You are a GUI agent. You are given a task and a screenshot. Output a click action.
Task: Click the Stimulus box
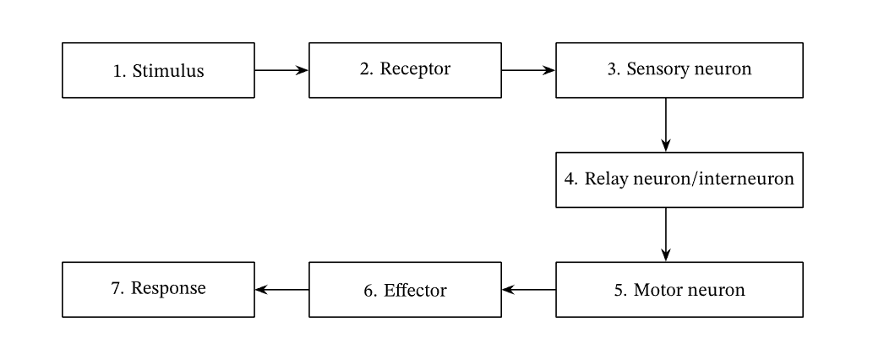point(158,71)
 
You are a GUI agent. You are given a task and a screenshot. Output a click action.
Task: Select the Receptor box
point(405,71)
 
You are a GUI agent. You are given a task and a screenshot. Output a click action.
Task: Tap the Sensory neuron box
point(679,71)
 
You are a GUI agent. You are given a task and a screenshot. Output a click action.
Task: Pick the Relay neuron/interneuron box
point(679,180)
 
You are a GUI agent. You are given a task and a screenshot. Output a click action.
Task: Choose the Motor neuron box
point(679,290)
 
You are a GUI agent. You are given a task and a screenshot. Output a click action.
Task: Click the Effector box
point(405,290)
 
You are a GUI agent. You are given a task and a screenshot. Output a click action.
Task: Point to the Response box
point(158,290)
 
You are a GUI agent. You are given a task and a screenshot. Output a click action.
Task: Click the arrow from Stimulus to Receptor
point(281,71)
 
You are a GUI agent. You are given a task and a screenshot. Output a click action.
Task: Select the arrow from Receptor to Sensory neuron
point(528,71)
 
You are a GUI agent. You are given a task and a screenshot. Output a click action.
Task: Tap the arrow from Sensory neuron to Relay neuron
point(666,125)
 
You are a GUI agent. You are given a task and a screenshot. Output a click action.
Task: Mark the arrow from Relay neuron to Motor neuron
point(666,234)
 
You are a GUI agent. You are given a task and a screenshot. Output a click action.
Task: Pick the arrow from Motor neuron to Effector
point(528,290)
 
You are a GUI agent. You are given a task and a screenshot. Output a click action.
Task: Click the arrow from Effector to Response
point(281,290)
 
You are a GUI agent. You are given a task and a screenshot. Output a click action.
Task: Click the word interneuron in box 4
point(749,180)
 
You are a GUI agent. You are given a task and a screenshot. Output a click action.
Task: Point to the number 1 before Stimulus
point(117,72)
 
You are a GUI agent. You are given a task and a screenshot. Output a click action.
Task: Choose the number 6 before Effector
point(368,291)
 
